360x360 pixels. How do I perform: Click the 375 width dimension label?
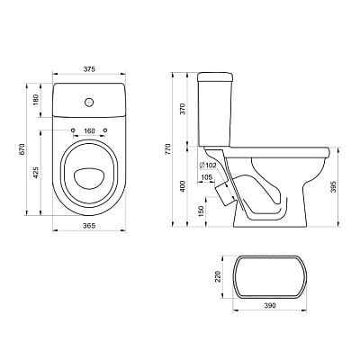pyautogui.click(x=89, y=69)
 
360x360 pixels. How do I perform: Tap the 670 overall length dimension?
pyautogui.click(x=22, y=149)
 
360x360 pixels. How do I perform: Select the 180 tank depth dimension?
pyautogui.click(x=35, y=100)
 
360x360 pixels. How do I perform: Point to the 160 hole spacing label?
pyautogui.click(x=89, y=130)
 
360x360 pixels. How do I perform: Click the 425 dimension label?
pyautogui.click(x=35, y=173)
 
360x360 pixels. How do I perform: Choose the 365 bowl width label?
pyautogui.click(x=89, y=225)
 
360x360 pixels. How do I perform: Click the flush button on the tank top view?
pyautogui.click(x=89, y=102)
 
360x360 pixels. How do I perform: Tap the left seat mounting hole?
pyautogui.click(x=73, y=130)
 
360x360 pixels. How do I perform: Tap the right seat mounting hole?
pyautogui.click(x=105, y=130)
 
